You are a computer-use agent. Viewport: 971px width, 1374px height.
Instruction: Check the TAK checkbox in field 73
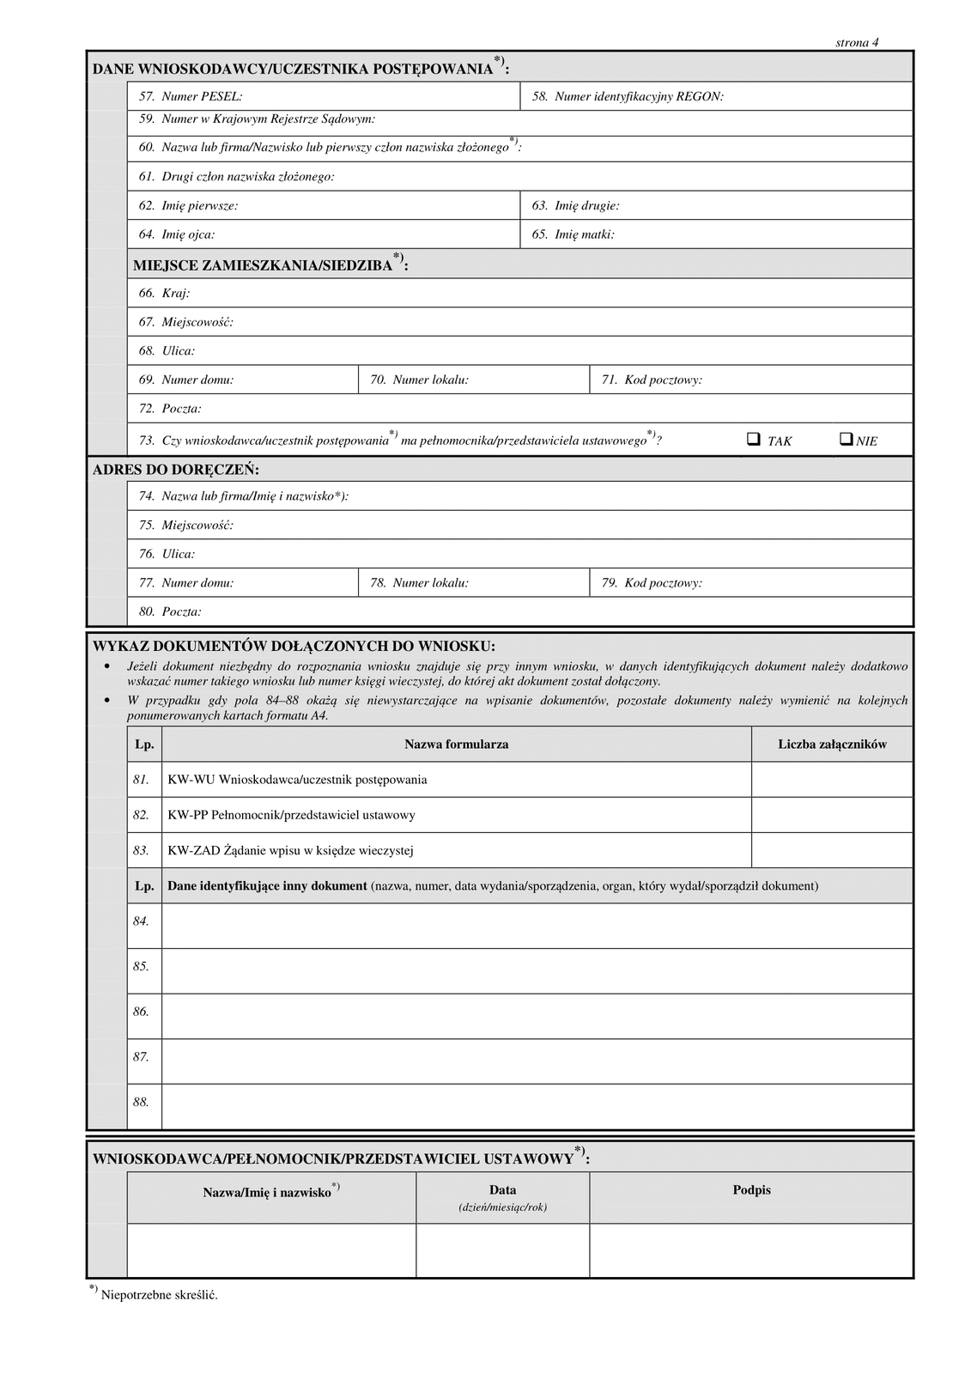[x=753, y=439]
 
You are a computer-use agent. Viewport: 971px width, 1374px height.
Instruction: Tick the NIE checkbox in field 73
[x=846, y=439]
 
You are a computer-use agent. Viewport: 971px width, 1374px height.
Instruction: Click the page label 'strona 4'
[x=857, y=43]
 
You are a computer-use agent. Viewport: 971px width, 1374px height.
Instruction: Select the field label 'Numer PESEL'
[x=201, y=97]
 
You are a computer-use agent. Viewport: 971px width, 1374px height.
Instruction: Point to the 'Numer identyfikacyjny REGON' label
[x=639, y=97]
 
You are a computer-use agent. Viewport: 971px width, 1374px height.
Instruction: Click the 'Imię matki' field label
[x=584, y=234]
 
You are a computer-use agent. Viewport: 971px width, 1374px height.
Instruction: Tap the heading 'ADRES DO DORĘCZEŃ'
[x=176, y=470]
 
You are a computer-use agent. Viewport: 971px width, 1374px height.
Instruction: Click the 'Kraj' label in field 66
[x=175, y=294]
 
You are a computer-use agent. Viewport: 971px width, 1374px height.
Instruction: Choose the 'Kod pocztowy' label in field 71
[x=663, y=380]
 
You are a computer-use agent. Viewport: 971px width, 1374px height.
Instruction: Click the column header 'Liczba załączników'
[x=832, y=745]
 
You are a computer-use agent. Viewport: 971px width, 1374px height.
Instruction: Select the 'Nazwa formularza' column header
[x=456, y=745]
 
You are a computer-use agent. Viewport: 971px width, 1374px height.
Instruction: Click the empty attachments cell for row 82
[x=831, y=815]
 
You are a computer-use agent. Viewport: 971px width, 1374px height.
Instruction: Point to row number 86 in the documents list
[x=141, y=1012]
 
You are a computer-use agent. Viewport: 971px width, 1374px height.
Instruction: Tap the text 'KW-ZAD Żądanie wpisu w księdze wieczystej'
[x=290, y=851]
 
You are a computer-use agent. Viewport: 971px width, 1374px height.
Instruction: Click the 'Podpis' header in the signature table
[x=751, y=1190]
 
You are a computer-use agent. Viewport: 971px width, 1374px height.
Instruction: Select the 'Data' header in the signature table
[x=502, y=1190]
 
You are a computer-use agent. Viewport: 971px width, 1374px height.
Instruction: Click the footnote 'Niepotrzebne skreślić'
[x=159, y=1295]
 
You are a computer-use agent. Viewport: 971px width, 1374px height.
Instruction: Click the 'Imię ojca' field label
[x=188, y=234]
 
